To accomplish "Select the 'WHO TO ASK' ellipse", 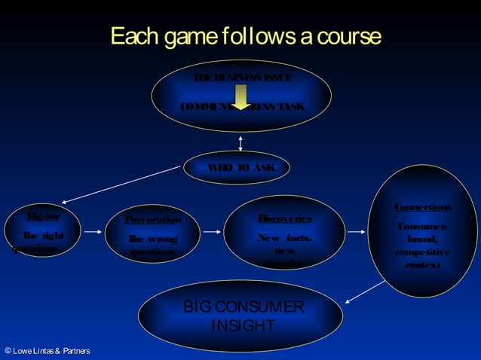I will click(236, 167).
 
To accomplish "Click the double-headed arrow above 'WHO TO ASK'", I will click(240, 143).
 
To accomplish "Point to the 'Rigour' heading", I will click(43, 216).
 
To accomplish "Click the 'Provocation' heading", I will click(153, 220).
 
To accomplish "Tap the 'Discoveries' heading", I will click(285, 218).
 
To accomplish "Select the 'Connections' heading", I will click(423, 207).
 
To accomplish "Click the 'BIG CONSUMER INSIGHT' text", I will click(244, 316).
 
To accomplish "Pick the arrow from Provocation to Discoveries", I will click(210, 232).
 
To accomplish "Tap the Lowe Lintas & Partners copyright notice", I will click(47, 351).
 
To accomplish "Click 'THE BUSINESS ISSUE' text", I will click(242, 78).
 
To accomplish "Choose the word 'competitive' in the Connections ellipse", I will click(422, 252).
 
